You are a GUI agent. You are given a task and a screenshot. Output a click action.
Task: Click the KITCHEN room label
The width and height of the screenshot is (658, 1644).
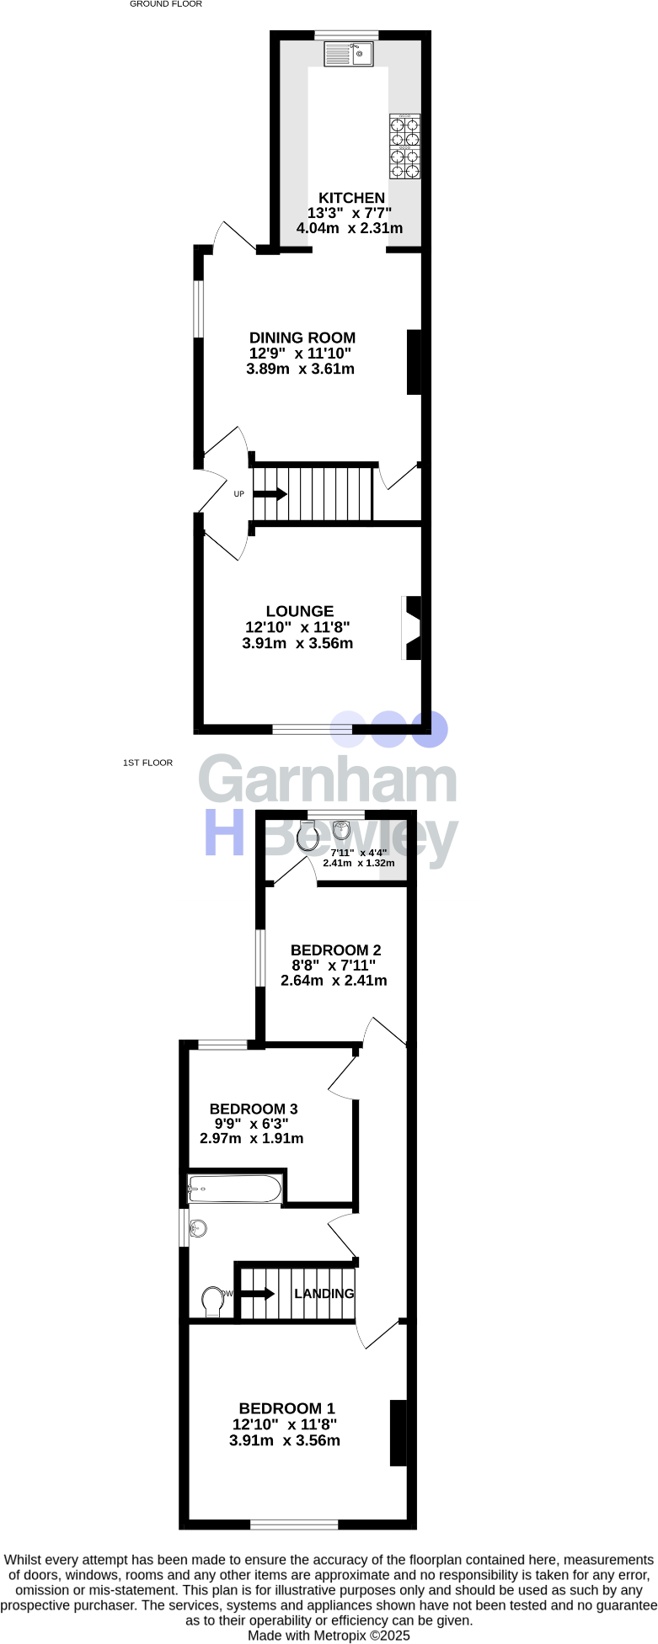pos(351,198)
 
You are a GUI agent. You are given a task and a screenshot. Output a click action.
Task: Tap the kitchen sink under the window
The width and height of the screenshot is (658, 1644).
pos(348,54)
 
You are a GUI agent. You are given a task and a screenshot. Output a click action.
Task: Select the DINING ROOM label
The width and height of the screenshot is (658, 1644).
pos(302,338)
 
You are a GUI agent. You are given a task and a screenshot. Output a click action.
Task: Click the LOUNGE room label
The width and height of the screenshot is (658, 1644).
pos(300,611)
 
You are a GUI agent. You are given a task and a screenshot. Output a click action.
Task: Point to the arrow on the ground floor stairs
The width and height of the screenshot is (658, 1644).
pos(270,494)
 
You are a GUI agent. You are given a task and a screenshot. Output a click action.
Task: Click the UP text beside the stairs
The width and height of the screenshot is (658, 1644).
pos(239,494)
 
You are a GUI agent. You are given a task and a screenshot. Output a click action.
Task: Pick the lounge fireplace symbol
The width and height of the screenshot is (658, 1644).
pos(412,628)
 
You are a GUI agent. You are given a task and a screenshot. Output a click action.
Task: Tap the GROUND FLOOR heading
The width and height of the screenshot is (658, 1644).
pos(166,4)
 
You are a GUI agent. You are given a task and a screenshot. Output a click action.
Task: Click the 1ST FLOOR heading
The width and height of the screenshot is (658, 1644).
pos(147,763)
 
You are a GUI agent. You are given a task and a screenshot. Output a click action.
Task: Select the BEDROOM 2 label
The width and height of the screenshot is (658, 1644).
pos(336,950)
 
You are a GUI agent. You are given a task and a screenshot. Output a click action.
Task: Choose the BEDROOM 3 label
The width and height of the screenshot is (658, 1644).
pos(254,1109)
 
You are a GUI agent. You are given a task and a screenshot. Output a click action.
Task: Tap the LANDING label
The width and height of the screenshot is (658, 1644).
pos(324,1294)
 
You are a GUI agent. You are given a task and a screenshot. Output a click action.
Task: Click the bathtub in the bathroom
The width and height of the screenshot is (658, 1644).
pos(235,1189)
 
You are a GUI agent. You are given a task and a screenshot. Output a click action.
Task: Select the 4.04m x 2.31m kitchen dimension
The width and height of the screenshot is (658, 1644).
pos(350,228)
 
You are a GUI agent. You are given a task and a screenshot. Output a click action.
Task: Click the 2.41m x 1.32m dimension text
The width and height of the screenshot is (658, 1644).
pos(359,863)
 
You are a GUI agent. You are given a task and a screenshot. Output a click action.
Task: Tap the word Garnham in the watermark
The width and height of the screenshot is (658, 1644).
pos(328,781)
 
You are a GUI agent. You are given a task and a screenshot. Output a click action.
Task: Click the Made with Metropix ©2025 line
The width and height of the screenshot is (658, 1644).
pos(329,1635)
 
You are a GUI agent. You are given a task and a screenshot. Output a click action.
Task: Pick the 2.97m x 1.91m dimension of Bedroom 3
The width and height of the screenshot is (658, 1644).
pos(252,1138)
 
